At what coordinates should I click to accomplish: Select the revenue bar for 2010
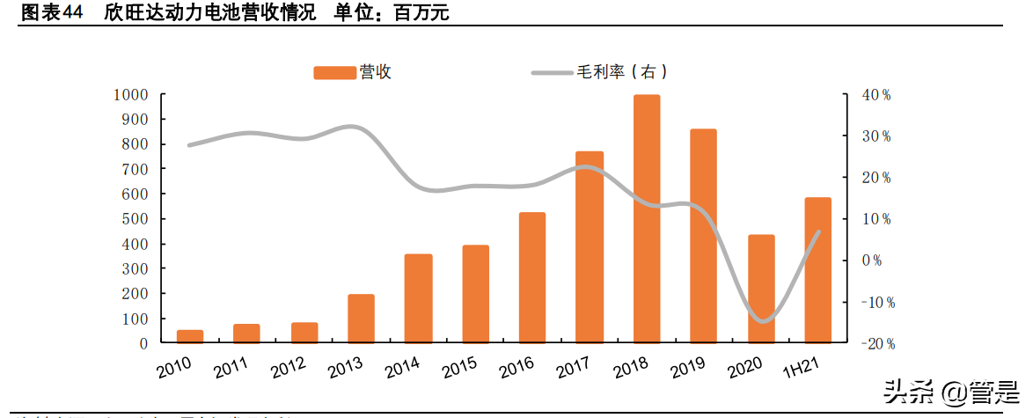[x=190, y=336]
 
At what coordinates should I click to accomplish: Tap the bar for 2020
[x=761, y=289]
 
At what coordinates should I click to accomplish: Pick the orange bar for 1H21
[x=818, y=270]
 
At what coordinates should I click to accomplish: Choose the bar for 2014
[x=418, y=298]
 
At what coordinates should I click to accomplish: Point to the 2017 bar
[x=590, y=246]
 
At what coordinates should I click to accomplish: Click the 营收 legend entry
[x=352, y=73]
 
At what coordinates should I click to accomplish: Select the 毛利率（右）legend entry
[x=607, y=73]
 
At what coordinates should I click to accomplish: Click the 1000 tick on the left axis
[x=130, y=94]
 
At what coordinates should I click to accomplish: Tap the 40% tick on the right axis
[x=875, y=95]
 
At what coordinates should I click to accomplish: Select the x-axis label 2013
[x=347, y=368]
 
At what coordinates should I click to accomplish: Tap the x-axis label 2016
[x=518, y=368]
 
